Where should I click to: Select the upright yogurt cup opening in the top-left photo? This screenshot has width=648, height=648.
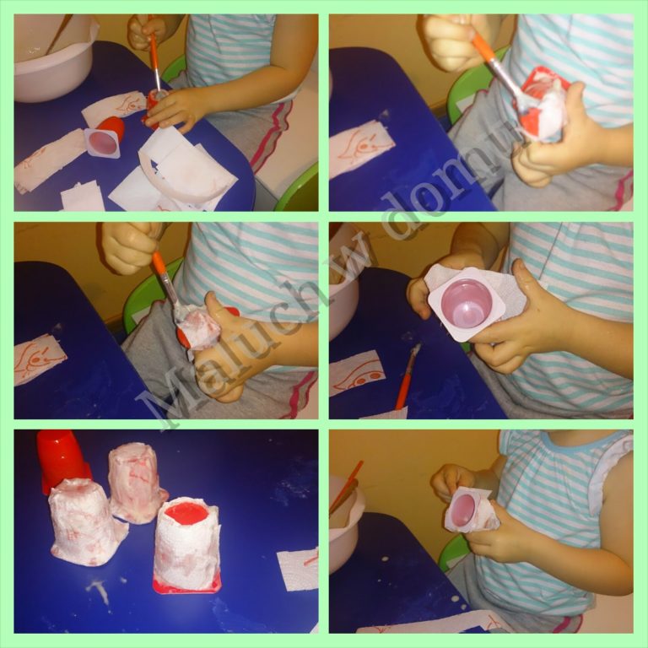point(103,142)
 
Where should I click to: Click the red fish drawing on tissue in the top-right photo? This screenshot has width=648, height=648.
point(359,147)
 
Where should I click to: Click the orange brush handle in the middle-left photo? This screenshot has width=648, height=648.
point(159,263)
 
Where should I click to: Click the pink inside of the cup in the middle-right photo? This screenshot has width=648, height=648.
point(467,303)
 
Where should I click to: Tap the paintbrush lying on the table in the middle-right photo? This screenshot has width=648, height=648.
point(408,376)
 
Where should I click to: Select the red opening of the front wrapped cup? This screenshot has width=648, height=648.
point(186,513)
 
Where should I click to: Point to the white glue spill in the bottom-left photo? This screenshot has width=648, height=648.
point(99,590)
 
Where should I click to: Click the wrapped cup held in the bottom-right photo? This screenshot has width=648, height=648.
point(471,510)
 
